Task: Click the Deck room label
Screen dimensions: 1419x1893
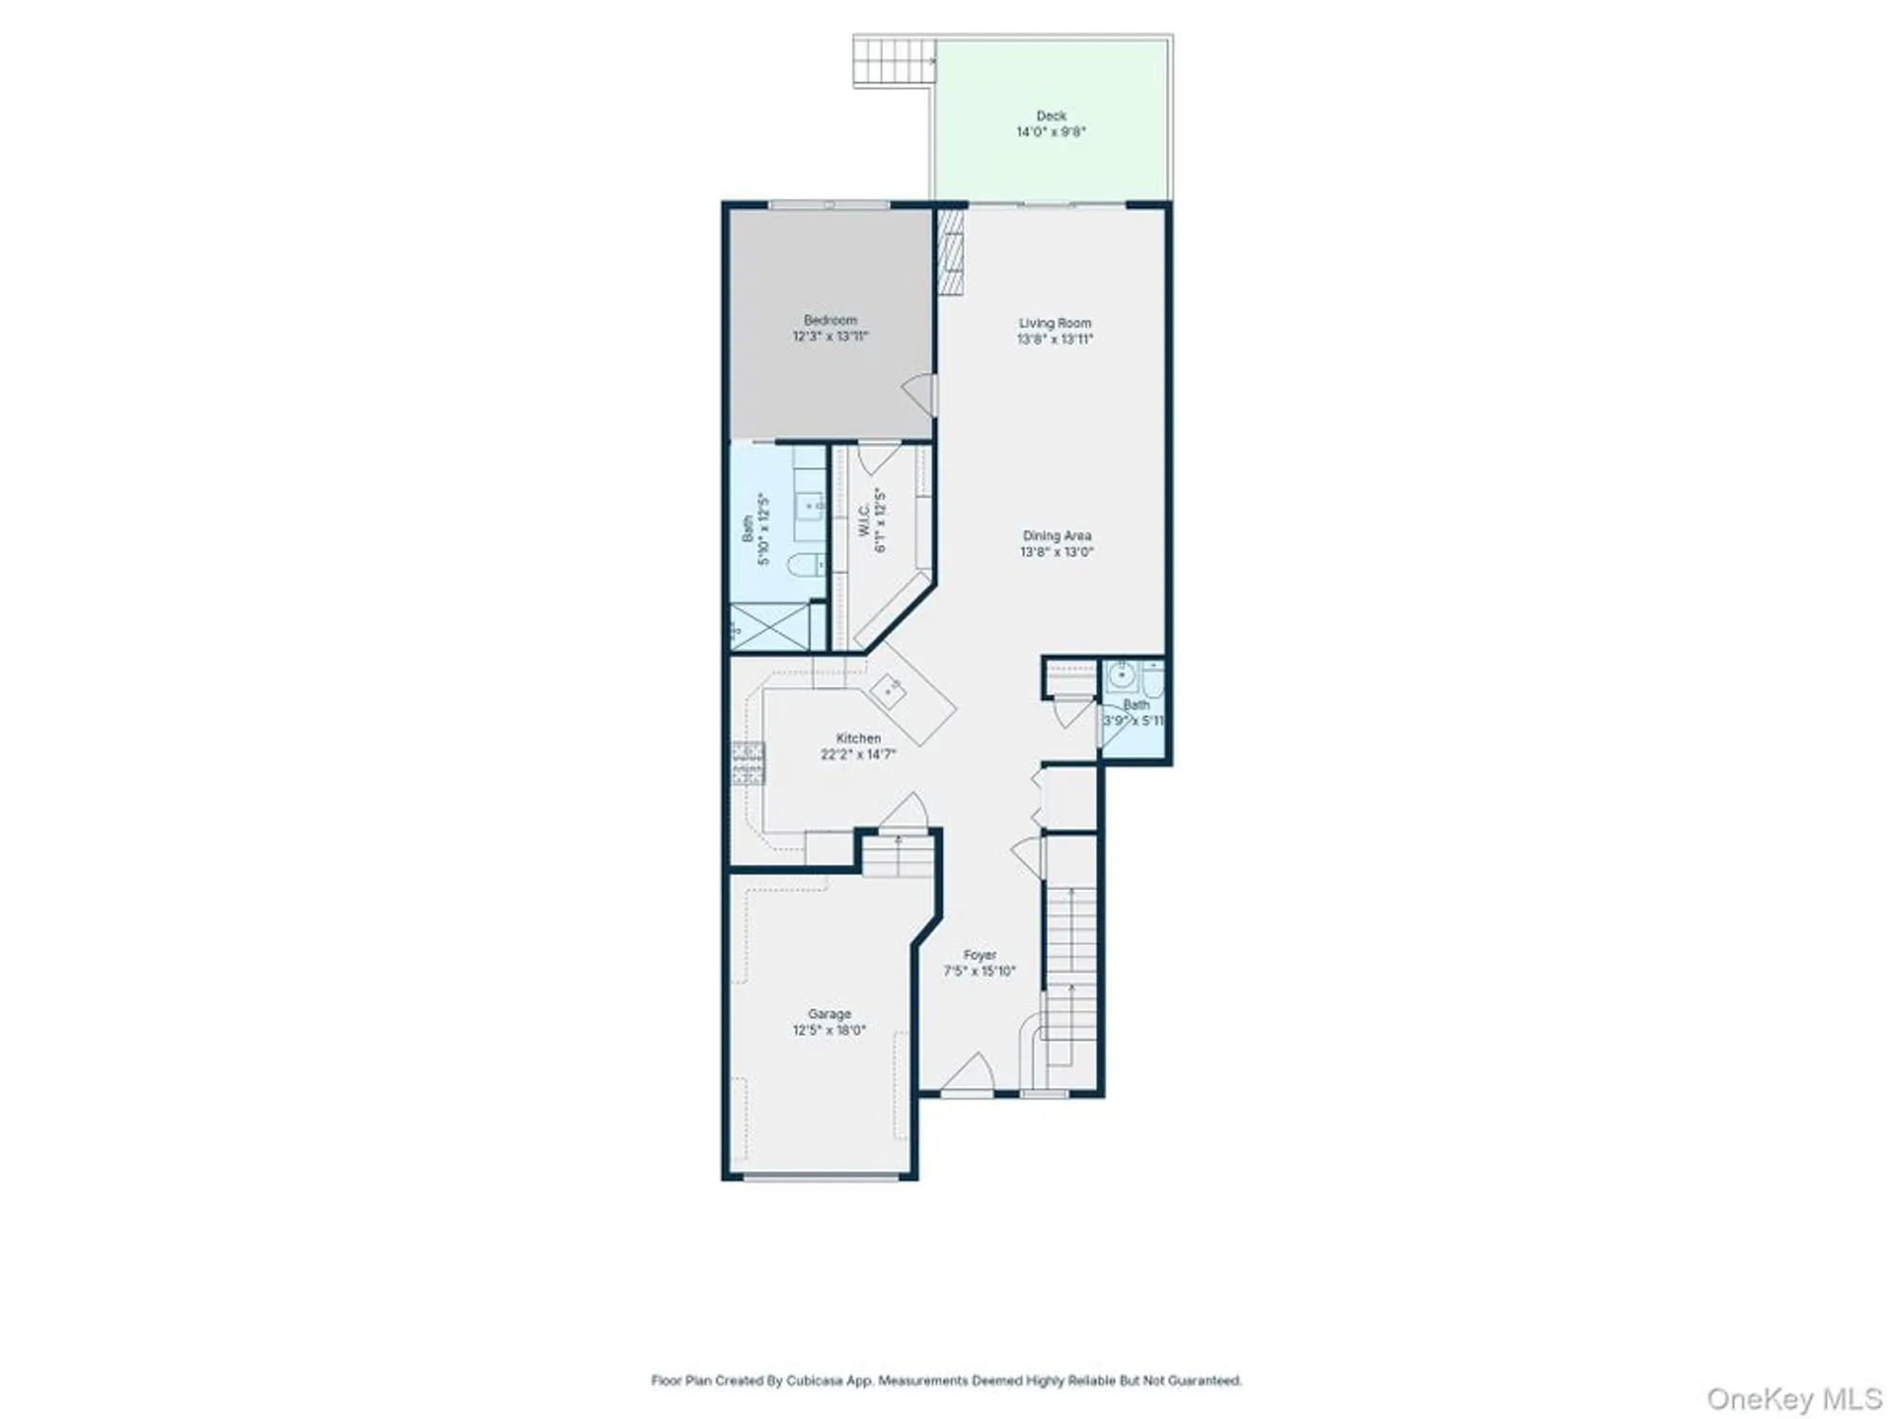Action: [1051, 115]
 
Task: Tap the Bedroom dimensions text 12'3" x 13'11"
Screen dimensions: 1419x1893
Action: [830, 336]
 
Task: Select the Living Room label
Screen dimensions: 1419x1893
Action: [1054, 323]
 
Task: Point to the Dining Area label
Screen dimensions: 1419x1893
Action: [1056, 535]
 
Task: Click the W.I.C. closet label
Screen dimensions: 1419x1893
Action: [863, 520]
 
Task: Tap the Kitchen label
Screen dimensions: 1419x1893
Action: [858, 738]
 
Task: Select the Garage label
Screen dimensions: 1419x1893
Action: [829, 1013]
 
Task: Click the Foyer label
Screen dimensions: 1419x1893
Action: [980, 955]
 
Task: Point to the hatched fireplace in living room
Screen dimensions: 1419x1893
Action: [950, 252]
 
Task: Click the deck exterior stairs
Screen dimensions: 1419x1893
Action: [893, 61]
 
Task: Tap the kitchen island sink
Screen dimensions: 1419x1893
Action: [889, 691]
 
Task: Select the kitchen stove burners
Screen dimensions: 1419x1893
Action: [747, 763]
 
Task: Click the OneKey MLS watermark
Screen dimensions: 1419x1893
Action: [1793, 1398]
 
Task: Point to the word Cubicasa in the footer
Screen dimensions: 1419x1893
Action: [816, 1381]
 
